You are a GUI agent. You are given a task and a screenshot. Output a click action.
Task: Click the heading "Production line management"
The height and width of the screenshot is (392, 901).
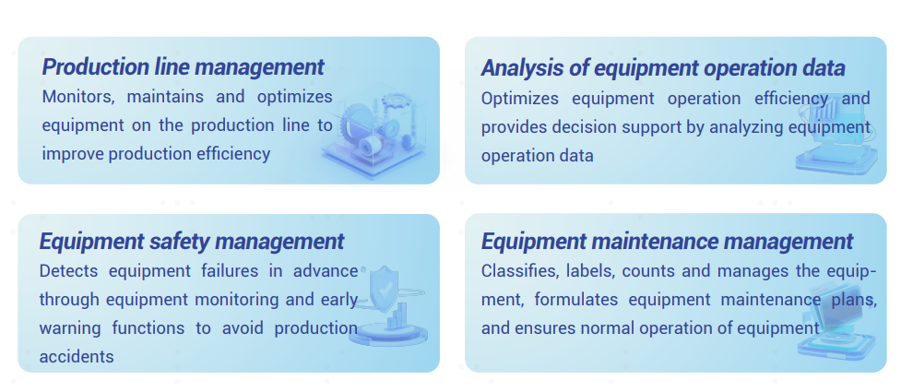point(184,67)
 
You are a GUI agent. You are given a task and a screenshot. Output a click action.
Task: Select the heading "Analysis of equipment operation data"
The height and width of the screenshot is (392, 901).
point(663,68)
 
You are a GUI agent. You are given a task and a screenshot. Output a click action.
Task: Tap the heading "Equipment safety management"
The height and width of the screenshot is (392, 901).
point(192,242)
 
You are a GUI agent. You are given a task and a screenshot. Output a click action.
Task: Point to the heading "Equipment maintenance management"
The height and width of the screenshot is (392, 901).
point(667,242)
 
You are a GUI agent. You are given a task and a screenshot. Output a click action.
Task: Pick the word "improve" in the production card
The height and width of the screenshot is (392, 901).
point(73,155)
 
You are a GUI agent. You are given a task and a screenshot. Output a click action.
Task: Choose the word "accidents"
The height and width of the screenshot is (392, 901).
point(77,357)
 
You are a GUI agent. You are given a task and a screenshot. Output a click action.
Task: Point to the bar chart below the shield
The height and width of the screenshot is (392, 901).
point(397,317)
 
